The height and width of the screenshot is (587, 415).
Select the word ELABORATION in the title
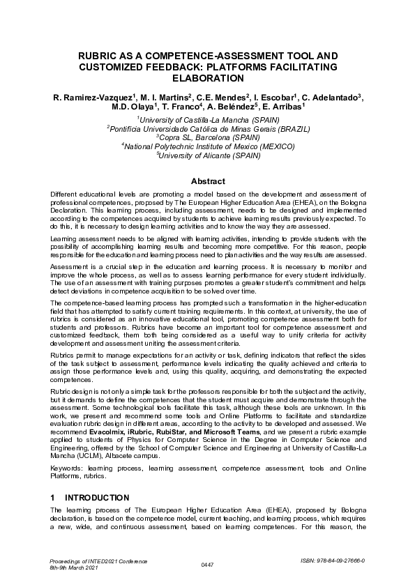point(207,78)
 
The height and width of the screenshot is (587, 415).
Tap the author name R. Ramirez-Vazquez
point(91,96)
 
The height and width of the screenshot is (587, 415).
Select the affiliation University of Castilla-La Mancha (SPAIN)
point(207,120)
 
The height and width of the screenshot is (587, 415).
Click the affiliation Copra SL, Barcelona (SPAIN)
point(207,137)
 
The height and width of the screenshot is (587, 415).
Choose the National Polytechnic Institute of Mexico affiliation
point(207,146)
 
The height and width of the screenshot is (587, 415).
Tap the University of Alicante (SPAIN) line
point(207,155)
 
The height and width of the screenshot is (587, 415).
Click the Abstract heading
point(207,181)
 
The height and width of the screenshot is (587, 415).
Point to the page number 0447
point(207,564)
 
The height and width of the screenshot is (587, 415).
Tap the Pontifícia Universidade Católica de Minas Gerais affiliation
point(207,129)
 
